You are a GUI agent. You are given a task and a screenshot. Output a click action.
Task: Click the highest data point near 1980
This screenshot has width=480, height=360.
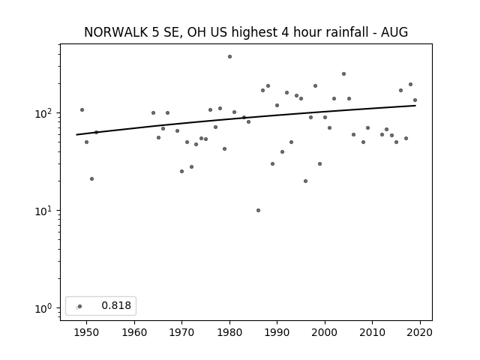tap(229, 57)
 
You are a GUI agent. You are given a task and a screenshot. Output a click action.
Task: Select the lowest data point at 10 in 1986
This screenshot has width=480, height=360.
tap(258, 210)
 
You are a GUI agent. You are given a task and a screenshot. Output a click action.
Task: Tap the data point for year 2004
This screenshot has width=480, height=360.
tap(343, 73)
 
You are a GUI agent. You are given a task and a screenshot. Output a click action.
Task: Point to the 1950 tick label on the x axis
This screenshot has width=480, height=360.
tap(86, 332)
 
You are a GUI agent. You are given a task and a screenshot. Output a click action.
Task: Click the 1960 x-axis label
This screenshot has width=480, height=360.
tap(134, 332)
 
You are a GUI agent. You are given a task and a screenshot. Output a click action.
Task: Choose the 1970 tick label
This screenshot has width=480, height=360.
tap(181, 332)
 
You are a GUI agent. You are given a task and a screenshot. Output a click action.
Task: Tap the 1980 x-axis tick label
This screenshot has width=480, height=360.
tap(229, 332)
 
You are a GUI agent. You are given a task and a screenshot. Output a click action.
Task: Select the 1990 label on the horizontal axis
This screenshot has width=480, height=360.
tap(277, 332)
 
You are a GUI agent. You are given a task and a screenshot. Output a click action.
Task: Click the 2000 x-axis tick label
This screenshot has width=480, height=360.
tap(325, 332)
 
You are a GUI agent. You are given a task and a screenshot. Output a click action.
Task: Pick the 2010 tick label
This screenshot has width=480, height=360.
tap(373, 332)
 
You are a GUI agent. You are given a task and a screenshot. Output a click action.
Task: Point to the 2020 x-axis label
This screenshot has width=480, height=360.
tap(420, 332)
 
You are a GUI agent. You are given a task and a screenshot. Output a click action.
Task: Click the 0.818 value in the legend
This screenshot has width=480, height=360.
tap(116, 305)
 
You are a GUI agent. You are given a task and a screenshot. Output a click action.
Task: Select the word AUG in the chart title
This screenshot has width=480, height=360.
tap(394, 32)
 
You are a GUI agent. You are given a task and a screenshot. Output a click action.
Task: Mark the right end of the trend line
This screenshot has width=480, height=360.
tap(415, 106)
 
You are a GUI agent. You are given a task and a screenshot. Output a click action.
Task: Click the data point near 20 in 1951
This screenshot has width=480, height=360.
tap(91, 178)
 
